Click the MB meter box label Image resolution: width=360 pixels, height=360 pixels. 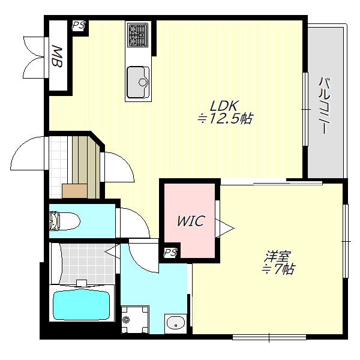(57, 56)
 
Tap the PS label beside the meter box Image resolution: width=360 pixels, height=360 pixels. (79, 25)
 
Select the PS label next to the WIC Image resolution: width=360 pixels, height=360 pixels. (170, 253)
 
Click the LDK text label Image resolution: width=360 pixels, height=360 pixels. (224, 106)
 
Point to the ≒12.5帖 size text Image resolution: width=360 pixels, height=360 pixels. (225, 119)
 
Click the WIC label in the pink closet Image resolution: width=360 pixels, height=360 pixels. (190, 221)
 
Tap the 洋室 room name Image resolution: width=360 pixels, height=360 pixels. (278, 256)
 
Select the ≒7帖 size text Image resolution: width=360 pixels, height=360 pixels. (278, 269)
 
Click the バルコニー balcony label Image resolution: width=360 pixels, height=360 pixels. (324, 106)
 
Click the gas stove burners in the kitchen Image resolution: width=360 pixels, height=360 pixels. (138, 35)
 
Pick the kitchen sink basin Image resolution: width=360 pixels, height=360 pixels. (138, 82)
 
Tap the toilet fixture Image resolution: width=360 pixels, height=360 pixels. (65, 221)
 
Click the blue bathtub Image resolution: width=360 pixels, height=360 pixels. (82, 304)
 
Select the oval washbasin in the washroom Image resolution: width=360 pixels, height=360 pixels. (176, 323)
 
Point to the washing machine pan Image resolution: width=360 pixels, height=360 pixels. (134, 319)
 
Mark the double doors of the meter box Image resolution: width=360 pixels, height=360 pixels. (34, 58)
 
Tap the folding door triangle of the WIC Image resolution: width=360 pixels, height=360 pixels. (224, 229)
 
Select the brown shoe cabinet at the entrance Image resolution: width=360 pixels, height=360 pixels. (74, 191)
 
